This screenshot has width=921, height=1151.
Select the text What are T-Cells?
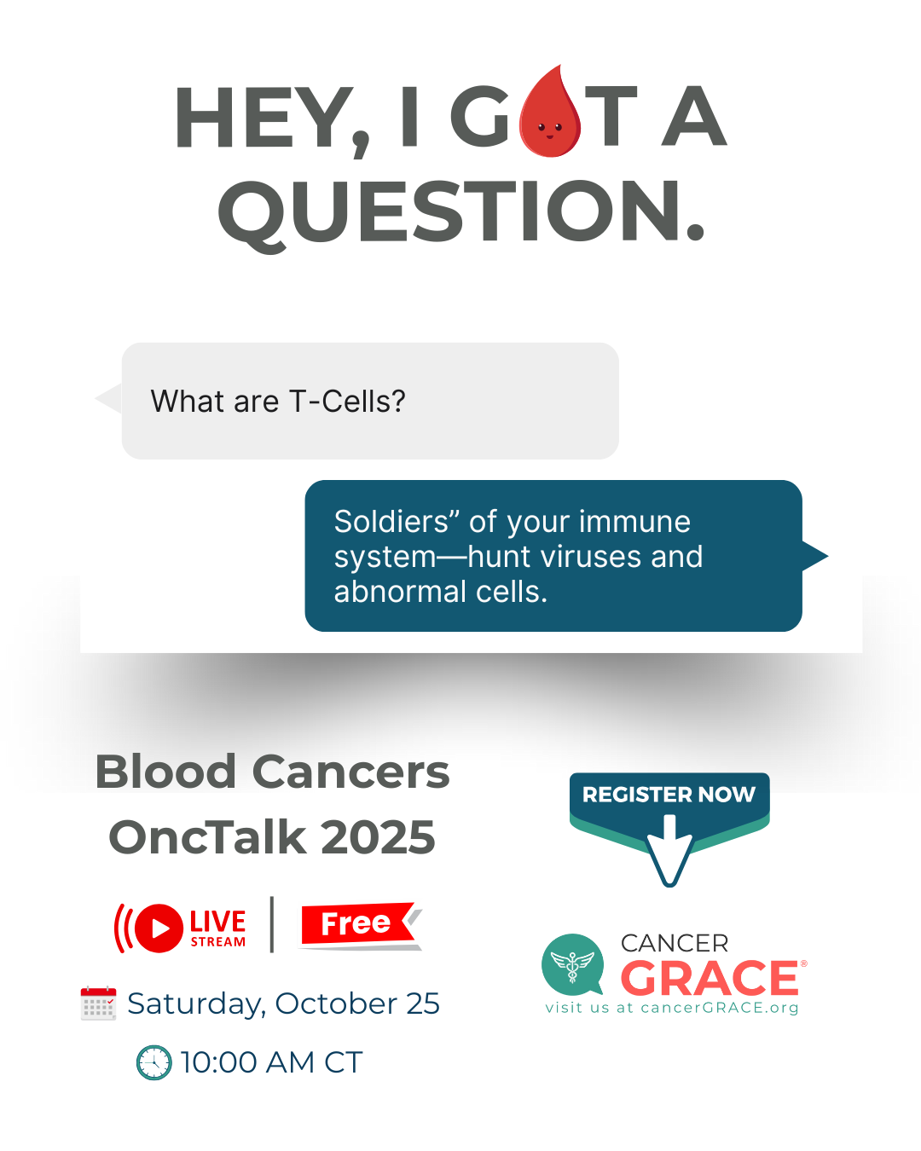pos(278,401)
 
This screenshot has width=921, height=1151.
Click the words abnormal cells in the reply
pos(440,592)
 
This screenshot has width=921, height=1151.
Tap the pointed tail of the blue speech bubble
pos(815,556)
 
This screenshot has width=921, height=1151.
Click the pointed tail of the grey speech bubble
pos(108,398)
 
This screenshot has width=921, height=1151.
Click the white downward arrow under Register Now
pos(669,850)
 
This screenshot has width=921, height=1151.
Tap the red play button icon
pos(159,928)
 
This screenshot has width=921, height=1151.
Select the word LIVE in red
pos(217,922)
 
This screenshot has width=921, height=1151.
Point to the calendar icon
pos(98,1004)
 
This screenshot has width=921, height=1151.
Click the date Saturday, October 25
pos(283,1004)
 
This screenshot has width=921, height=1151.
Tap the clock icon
pos(154,1062)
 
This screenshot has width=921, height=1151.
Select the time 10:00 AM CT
pos(272,1062)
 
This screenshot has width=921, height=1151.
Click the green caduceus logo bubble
pos(572,964)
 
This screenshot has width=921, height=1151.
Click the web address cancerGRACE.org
pos(719,1008)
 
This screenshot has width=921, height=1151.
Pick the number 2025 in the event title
pos(378,837)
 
